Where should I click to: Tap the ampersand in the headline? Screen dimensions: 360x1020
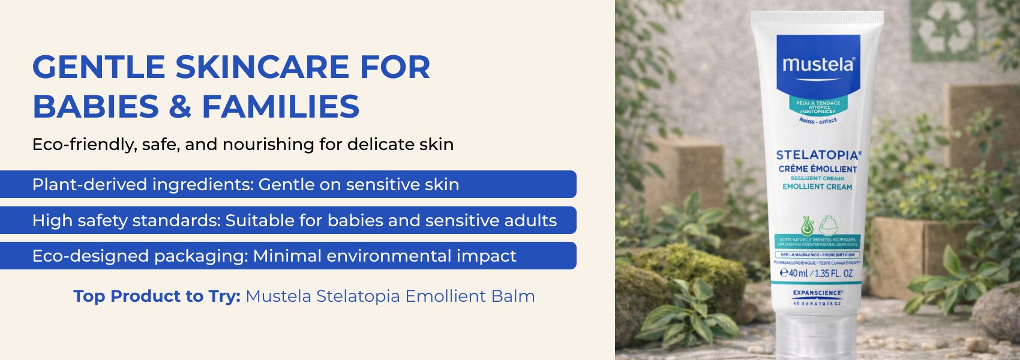click(x=179, y=107)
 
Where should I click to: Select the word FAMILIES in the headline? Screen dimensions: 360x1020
click(x=281, y=107)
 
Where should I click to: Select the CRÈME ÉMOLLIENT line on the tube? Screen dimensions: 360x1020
click(x=817, y=169)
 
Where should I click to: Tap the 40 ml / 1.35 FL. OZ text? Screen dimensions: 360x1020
click(x=817, y=274)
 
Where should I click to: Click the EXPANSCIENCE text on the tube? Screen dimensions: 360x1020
click(x=817, y=293)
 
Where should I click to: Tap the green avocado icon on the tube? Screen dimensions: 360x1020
click(x=807, y=226)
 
